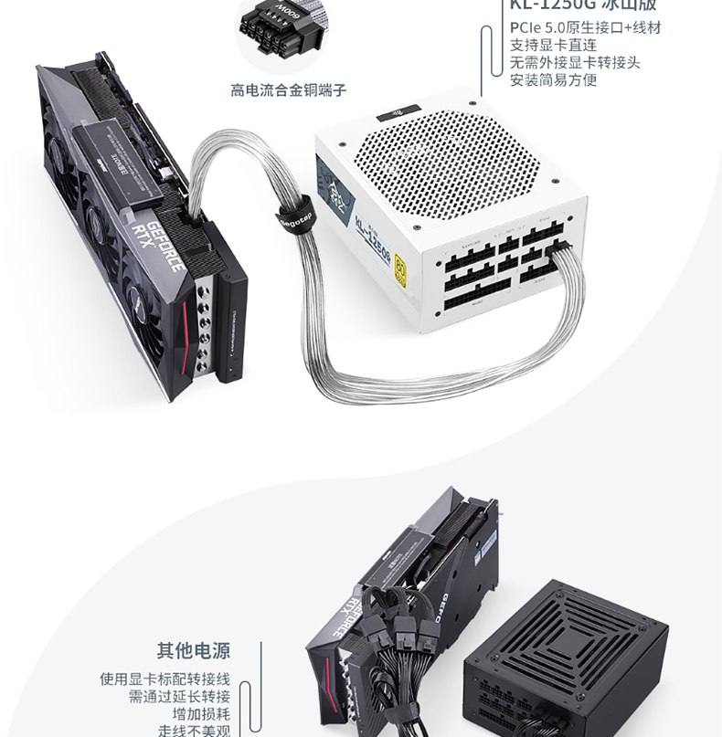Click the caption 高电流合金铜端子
point(288,89)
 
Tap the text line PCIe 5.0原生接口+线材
point(585,27)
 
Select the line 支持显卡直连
point(553,45)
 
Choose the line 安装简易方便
point(553,79)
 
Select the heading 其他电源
point(193,651)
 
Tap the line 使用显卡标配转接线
point(165,679)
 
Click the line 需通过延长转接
point(179,697)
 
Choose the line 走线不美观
point(194,731)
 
